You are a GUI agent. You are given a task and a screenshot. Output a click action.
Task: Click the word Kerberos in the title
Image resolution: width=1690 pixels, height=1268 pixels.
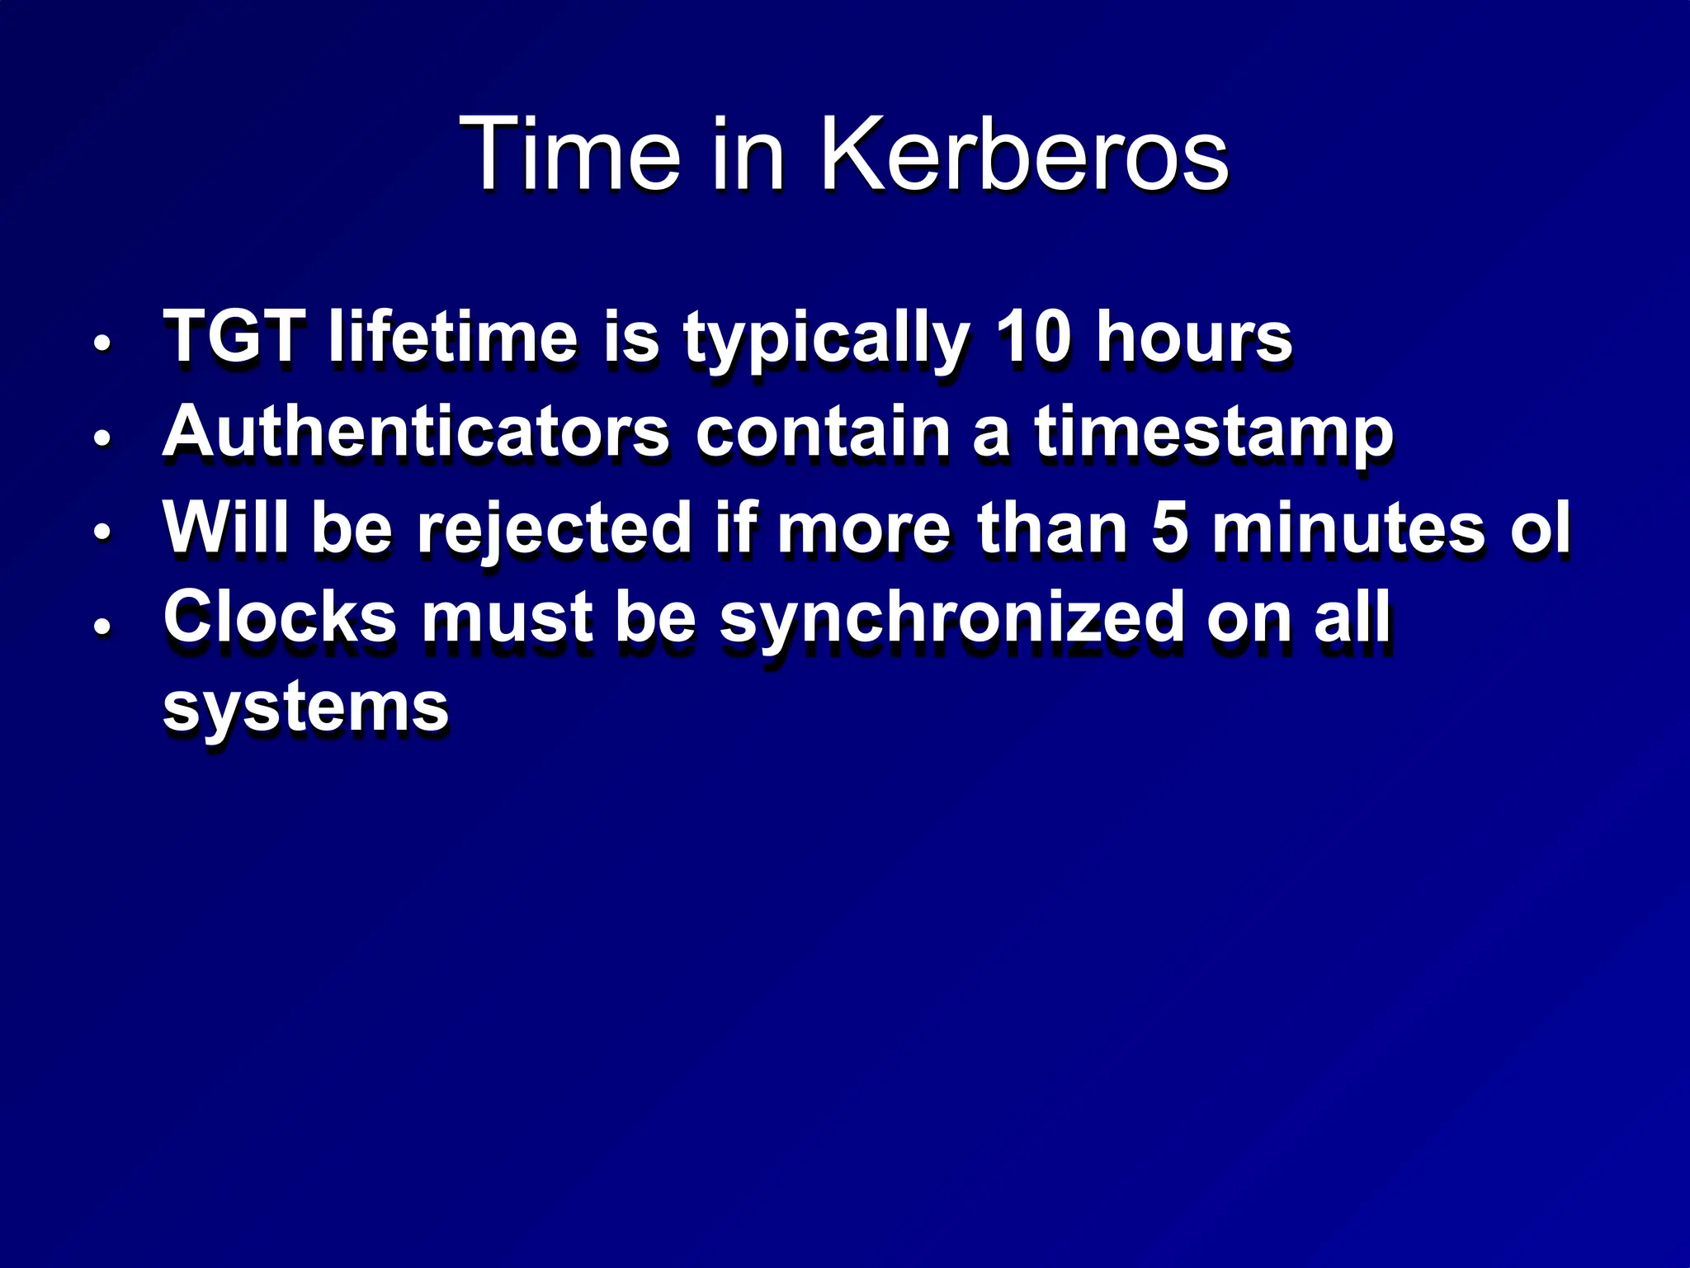click(x=1023, y=154)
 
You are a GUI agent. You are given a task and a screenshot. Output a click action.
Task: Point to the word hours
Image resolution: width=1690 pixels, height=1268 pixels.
click(x=1193, y=338)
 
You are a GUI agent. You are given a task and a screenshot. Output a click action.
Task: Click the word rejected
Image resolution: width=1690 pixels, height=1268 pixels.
click(x=555, y=529)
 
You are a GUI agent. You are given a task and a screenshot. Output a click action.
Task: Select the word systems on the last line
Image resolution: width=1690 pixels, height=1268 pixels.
click(x=306, y=708)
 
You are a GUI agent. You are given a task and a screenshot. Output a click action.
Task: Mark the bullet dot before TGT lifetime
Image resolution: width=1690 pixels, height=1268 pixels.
click(x=101, y=342)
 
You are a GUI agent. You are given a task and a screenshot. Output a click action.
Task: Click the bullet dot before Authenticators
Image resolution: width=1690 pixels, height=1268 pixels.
click(x=101, y=437)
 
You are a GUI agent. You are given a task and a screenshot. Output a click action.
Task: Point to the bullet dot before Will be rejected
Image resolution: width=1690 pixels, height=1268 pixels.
click(x=101, y=532)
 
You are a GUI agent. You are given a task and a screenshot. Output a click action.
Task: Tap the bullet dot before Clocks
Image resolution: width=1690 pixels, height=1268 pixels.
click(x=101, y=625)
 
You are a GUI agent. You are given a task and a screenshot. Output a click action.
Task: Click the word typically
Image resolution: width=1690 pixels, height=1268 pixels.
click(x=826, y=339)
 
